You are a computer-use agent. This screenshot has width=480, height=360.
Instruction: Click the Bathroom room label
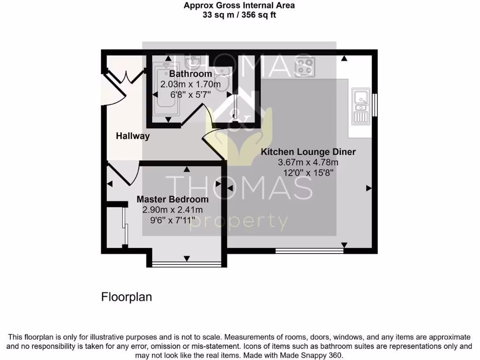(190, 74)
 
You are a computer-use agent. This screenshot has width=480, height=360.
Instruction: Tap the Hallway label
(133, 136)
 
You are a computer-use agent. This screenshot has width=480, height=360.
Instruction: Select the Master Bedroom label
(172, 199)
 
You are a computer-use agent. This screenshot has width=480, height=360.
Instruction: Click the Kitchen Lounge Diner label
(308, 152)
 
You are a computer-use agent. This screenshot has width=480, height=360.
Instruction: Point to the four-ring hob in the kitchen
(305, 67)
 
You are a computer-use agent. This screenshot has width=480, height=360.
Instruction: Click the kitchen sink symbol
(360, 107)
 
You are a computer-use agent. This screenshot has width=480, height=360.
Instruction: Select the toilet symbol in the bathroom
(223, 80)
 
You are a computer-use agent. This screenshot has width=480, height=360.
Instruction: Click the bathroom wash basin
(193, 62)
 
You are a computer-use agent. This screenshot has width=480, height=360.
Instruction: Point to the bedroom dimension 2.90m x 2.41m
(172, 210)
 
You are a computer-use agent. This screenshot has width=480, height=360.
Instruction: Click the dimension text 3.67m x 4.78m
(308, 162)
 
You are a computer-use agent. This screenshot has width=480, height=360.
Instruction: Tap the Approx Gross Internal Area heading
(240, 6)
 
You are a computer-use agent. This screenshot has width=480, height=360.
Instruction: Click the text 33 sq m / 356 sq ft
(240, 15)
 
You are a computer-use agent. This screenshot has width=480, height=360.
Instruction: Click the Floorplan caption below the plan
(127, 297)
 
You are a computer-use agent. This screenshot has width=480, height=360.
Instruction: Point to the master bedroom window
(187, 265)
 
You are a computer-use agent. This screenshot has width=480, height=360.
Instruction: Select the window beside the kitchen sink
(375, 105)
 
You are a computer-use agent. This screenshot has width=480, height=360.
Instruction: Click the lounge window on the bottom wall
(309, 251)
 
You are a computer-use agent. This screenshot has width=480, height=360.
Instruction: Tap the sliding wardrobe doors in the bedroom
(125, 226)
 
